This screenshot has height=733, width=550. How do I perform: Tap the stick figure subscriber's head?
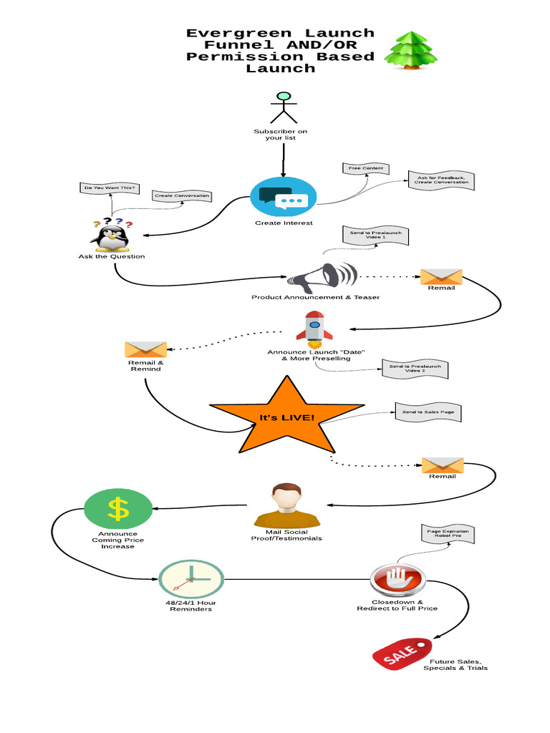[x=284, y=96]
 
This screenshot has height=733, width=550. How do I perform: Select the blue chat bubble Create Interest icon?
[x=284, y=195]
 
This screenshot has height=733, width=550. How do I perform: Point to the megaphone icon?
[x=322, y=277]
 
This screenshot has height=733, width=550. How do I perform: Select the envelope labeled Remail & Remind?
[x=145, y=349]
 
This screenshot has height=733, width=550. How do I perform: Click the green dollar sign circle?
[x=118, y=509]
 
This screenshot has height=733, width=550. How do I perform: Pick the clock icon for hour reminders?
[x=190, y=579]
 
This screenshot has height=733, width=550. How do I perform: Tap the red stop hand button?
[x=397, y=578]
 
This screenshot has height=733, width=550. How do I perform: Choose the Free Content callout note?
[x=366, y=169]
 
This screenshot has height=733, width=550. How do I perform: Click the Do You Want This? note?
[x=109, y=188]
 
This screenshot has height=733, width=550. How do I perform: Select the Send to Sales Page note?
[x=427, y=412]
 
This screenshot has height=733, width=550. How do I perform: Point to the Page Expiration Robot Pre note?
[x=448, y=534]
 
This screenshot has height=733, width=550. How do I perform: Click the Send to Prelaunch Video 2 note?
[x=416, y=369]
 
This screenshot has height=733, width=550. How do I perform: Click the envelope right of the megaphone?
[x=441, y=277]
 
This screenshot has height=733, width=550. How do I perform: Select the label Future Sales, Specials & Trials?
[x=455, y=664]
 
